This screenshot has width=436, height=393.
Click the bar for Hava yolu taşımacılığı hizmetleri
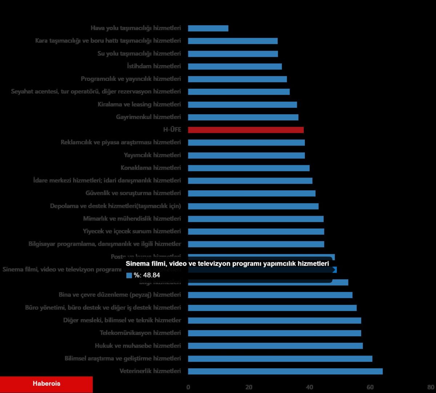pos(208,28)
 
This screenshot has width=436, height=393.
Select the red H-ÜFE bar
pos(246,130)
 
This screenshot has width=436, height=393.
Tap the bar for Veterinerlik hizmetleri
pos(285,371)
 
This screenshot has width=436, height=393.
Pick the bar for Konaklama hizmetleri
pos(249,168)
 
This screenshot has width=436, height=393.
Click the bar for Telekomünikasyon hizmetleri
pos(274,333)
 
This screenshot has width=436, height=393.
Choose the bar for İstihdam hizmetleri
pos(235,66)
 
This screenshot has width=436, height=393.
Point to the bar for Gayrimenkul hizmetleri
pos(243,117)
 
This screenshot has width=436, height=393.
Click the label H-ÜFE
pos(172,130)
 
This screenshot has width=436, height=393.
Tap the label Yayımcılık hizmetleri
pos(152,155)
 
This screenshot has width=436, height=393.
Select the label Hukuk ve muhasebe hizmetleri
pos(138,346)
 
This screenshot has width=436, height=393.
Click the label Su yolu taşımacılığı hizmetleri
pos(139,53)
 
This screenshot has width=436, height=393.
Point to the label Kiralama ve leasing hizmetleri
pos(139,104)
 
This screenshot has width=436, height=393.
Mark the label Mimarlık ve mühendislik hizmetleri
pos(132,219)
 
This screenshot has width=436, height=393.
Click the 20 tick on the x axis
pos(249,387)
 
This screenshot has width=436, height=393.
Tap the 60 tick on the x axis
pos(370,387)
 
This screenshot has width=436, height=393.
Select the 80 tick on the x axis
pos(431,387)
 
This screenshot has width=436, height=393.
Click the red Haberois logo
pos(47,384)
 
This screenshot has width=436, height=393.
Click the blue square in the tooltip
pos(129,275)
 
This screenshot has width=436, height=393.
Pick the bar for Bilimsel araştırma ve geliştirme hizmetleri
pos(280,358)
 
